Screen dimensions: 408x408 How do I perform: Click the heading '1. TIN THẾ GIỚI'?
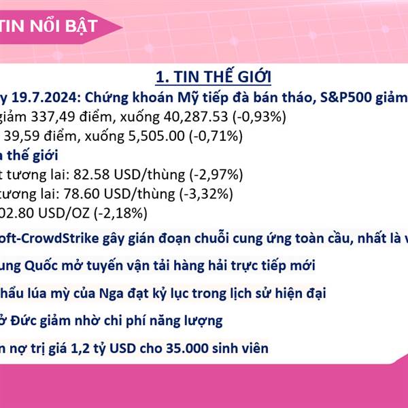coord(214,76)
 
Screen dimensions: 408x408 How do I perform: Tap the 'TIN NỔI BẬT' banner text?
coord(49,27)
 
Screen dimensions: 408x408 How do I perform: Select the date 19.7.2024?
coord(44,97)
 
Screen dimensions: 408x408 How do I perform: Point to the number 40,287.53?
coord(196,116)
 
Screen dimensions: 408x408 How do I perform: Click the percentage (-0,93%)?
coord(260,116)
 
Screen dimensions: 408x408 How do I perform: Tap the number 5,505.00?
coord(156,136)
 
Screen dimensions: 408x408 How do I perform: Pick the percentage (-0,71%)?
coord(216,136)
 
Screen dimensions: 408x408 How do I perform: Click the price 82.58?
coord(91,174)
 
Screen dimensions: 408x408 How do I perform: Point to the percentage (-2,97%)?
coord(216,174)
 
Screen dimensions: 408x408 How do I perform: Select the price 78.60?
coord(82,194)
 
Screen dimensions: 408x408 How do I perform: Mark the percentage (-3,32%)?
coord(206,194)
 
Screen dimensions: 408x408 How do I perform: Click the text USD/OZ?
coord(64,213)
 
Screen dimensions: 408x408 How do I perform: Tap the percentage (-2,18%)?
coord(121,213)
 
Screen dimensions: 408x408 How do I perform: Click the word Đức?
coord(22,320)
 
